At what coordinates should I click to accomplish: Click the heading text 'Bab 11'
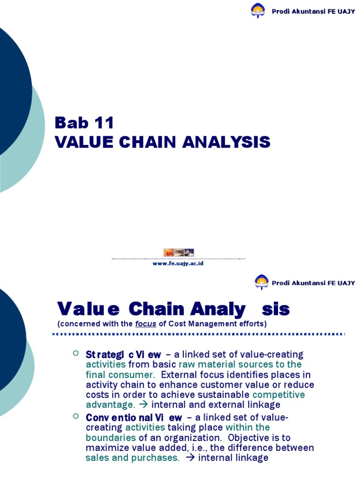point(84,123)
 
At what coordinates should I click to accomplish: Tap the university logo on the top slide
point(258,10)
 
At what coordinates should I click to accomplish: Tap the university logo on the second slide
point(262,282)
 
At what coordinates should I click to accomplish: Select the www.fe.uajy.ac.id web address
point(178,263)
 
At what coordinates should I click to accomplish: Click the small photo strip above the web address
point(179,252)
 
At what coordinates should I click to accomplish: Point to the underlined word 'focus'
point(145,324)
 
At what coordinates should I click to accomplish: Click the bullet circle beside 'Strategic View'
point(76,352)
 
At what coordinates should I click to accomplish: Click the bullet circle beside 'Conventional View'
point(76,416)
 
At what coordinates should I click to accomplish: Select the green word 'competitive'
point(278,395)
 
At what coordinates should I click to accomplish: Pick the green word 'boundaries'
point(111,437)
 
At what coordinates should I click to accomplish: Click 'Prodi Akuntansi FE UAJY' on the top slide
point(313,11)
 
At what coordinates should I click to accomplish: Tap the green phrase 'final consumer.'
point(120,375)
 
